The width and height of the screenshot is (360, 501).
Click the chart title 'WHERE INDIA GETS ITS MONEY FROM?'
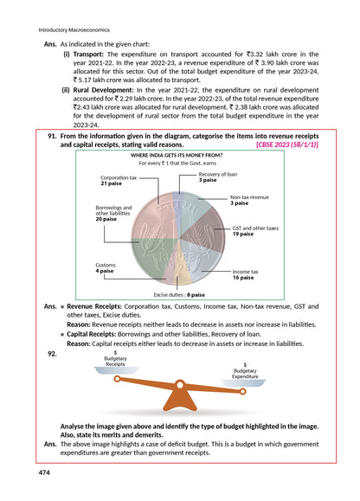coord(179,155)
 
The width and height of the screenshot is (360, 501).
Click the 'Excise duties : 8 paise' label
coord(179,295)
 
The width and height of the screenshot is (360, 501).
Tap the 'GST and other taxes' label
coord(254,230)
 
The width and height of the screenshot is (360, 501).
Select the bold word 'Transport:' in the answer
coord(92,54)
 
